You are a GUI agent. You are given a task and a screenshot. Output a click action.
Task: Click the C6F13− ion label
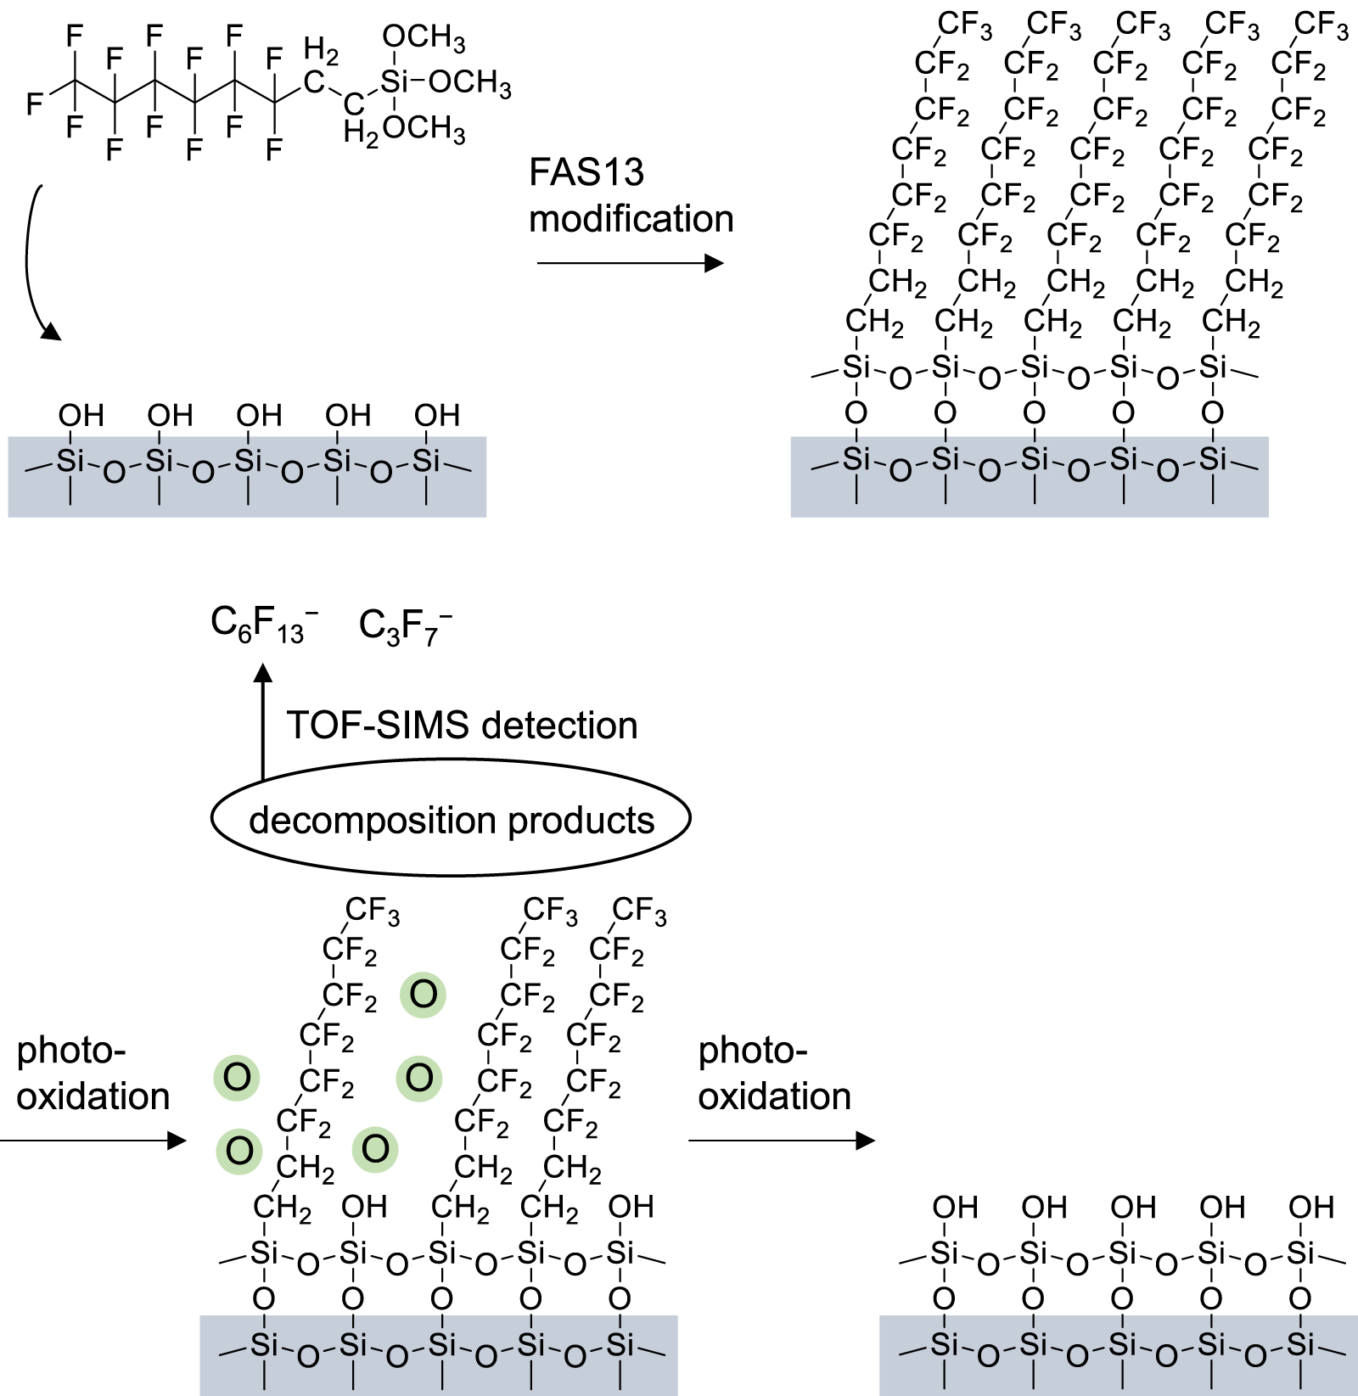point(263,625)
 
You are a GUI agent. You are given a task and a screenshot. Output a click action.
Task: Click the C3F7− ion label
point(404,625)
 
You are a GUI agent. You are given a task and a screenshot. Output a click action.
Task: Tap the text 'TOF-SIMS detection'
point(462,726)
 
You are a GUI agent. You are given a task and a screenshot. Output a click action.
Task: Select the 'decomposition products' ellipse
point(451,818)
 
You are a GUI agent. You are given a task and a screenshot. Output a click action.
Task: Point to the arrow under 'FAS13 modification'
point(629,263)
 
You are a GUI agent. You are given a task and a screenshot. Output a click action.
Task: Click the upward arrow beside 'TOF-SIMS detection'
point(263,721)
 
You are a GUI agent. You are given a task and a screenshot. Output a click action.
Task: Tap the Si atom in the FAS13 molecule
point(394,82)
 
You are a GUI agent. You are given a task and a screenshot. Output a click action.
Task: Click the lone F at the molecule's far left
point(34,104)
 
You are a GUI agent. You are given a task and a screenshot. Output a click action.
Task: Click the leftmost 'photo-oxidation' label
point(93,1074)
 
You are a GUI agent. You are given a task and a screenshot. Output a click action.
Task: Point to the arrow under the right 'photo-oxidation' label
point(781,1141)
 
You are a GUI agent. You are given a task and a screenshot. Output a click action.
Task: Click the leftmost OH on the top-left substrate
point(81,415)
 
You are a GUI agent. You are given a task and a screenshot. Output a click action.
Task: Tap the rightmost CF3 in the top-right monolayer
point(1321,25)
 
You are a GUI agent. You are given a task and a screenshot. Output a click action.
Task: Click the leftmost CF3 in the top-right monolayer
point(965,25)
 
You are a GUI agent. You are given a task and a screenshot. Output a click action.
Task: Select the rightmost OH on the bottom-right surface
point(1311,1207)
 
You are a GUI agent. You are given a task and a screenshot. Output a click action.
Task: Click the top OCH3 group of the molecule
point(424,37)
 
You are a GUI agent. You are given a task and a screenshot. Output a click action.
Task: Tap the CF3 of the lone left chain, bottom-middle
point(372,911)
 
